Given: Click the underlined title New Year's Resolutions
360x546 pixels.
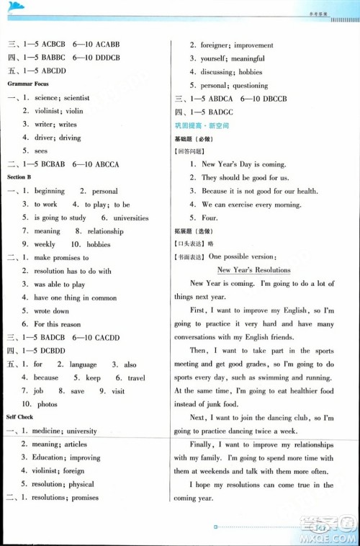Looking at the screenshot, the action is (x=253, y=270).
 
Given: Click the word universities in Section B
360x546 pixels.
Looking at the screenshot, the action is (x=130, y=218).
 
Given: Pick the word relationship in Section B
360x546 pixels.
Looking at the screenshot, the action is (x=105, y=231).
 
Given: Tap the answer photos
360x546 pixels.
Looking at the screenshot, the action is (x=47, y=404).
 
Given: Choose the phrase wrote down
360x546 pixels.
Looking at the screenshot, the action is (x=51, y=311).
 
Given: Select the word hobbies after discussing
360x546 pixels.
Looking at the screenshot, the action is (x=251, y=72).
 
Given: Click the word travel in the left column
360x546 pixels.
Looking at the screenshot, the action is (x=136, y=377).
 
